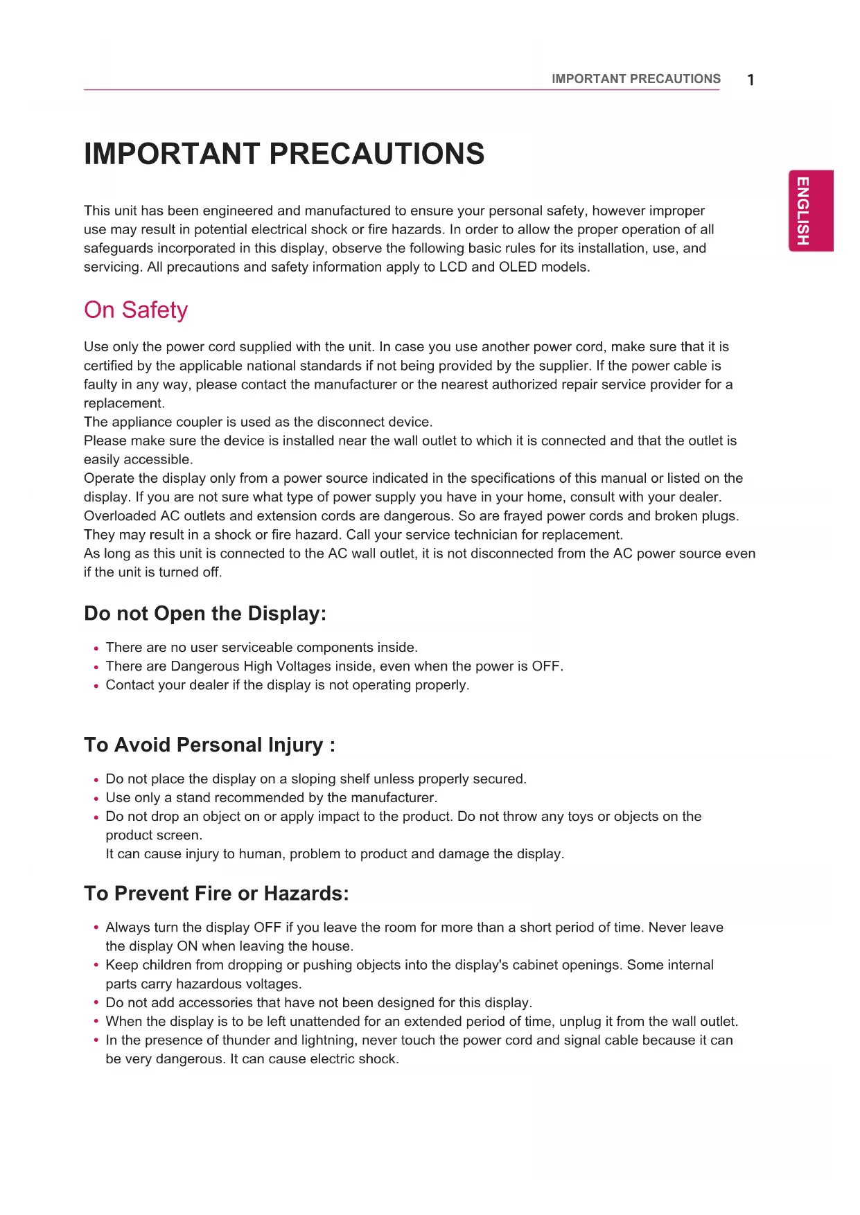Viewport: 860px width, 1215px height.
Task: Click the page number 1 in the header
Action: pos(751,80)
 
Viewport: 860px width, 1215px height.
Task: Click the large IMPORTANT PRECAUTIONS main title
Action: pos(284,154)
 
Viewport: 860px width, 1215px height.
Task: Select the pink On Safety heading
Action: pos(136,310)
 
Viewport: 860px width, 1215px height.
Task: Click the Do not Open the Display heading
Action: pos(205,614)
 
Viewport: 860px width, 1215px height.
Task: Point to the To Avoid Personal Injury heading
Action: pos(209,745)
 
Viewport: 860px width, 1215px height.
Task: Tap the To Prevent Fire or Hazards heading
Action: pos(216,894)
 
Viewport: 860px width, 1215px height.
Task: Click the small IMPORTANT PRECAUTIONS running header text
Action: pos(635,79)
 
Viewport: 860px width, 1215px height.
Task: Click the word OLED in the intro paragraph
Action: pos(518,267)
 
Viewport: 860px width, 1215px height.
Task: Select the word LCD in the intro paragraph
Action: pos(453,267)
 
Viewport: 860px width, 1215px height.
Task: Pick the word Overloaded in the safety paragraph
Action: pos(120,516)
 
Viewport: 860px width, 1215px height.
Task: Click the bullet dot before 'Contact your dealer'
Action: pos(96,686)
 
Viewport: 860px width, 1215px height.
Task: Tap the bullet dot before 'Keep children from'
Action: pos(96,966)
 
